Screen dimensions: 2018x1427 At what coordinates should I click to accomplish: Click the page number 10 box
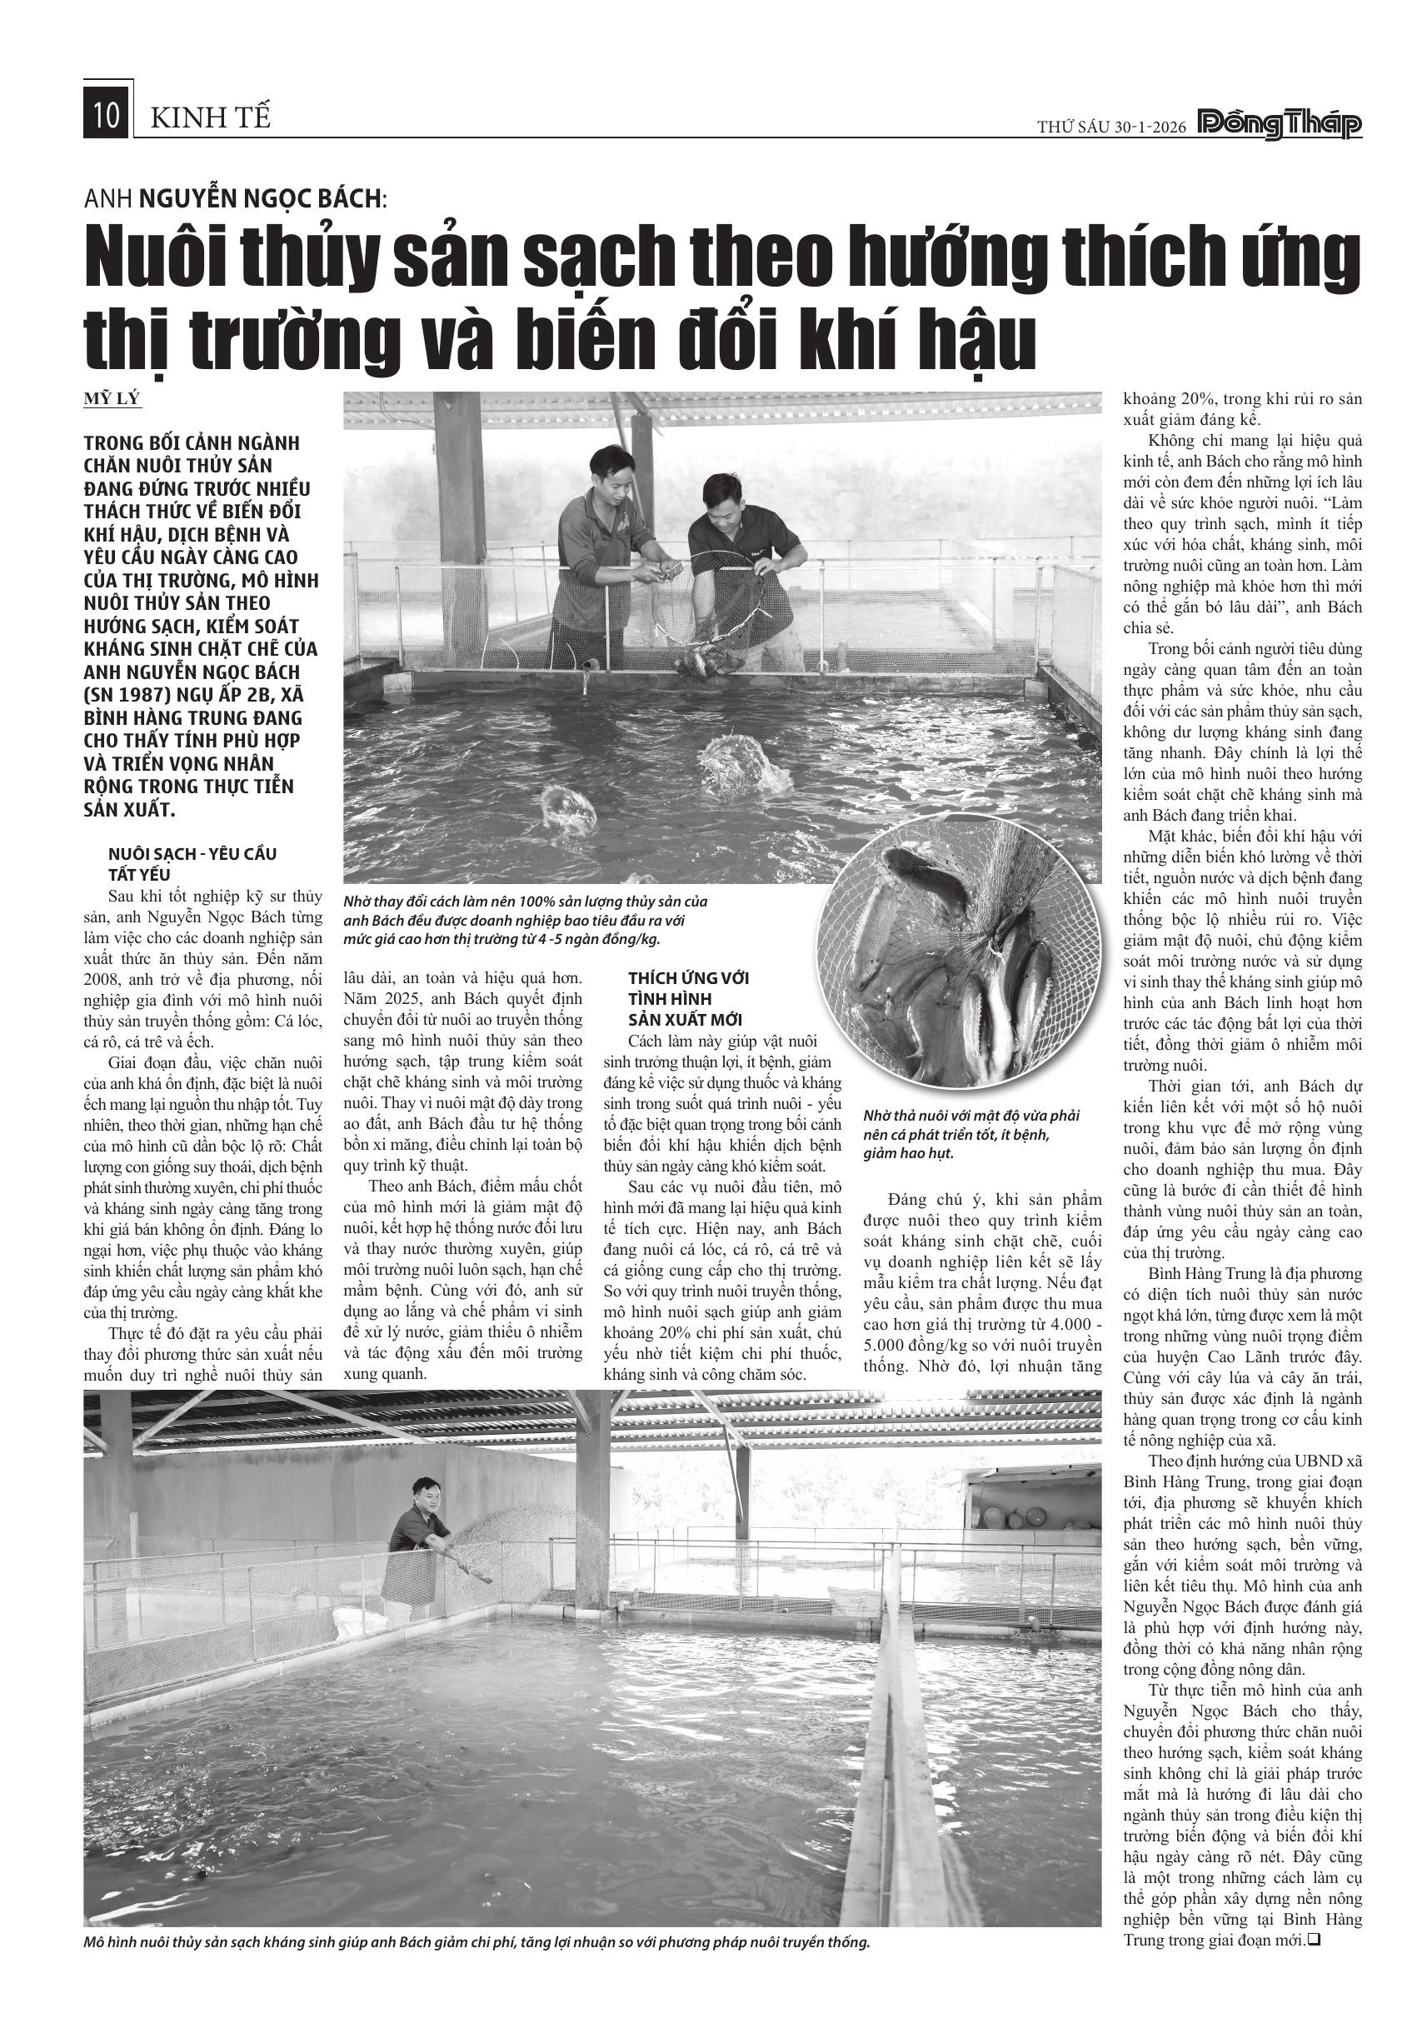tap(107, 115)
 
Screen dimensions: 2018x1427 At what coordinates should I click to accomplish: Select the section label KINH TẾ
tap(211, 117)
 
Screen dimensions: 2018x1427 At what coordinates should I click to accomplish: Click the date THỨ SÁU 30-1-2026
tap(1110, 127)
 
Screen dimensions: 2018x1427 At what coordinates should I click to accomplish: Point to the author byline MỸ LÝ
tap(112, 399)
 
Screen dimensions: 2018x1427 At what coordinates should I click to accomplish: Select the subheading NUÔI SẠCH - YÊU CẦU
tap(192, 853)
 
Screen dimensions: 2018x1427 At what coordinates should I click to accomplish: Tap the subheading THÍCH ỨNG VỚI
tap(688, 978)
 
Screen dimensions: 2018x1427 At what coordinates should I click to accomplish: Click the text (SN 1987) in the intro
tap(133, 694)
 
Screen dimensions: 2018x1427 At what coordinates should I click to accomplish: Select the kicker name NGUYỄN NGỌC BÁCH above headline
tap(259, 198)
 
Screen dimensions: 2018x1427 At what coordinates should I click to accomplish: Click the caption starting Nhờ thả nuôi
tap(971, 1134)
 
